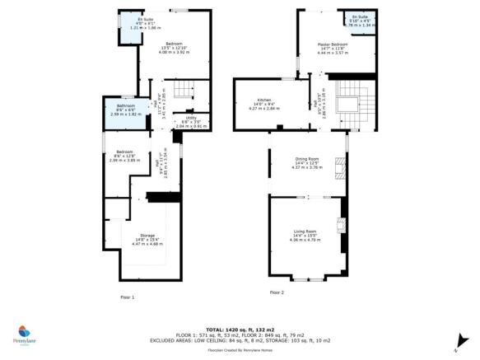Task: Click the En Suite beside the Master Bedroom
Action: pos(360,21)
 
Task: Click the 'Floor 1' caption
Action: pos(127,297)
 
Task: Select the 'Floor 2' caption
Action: pos(277,292)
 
